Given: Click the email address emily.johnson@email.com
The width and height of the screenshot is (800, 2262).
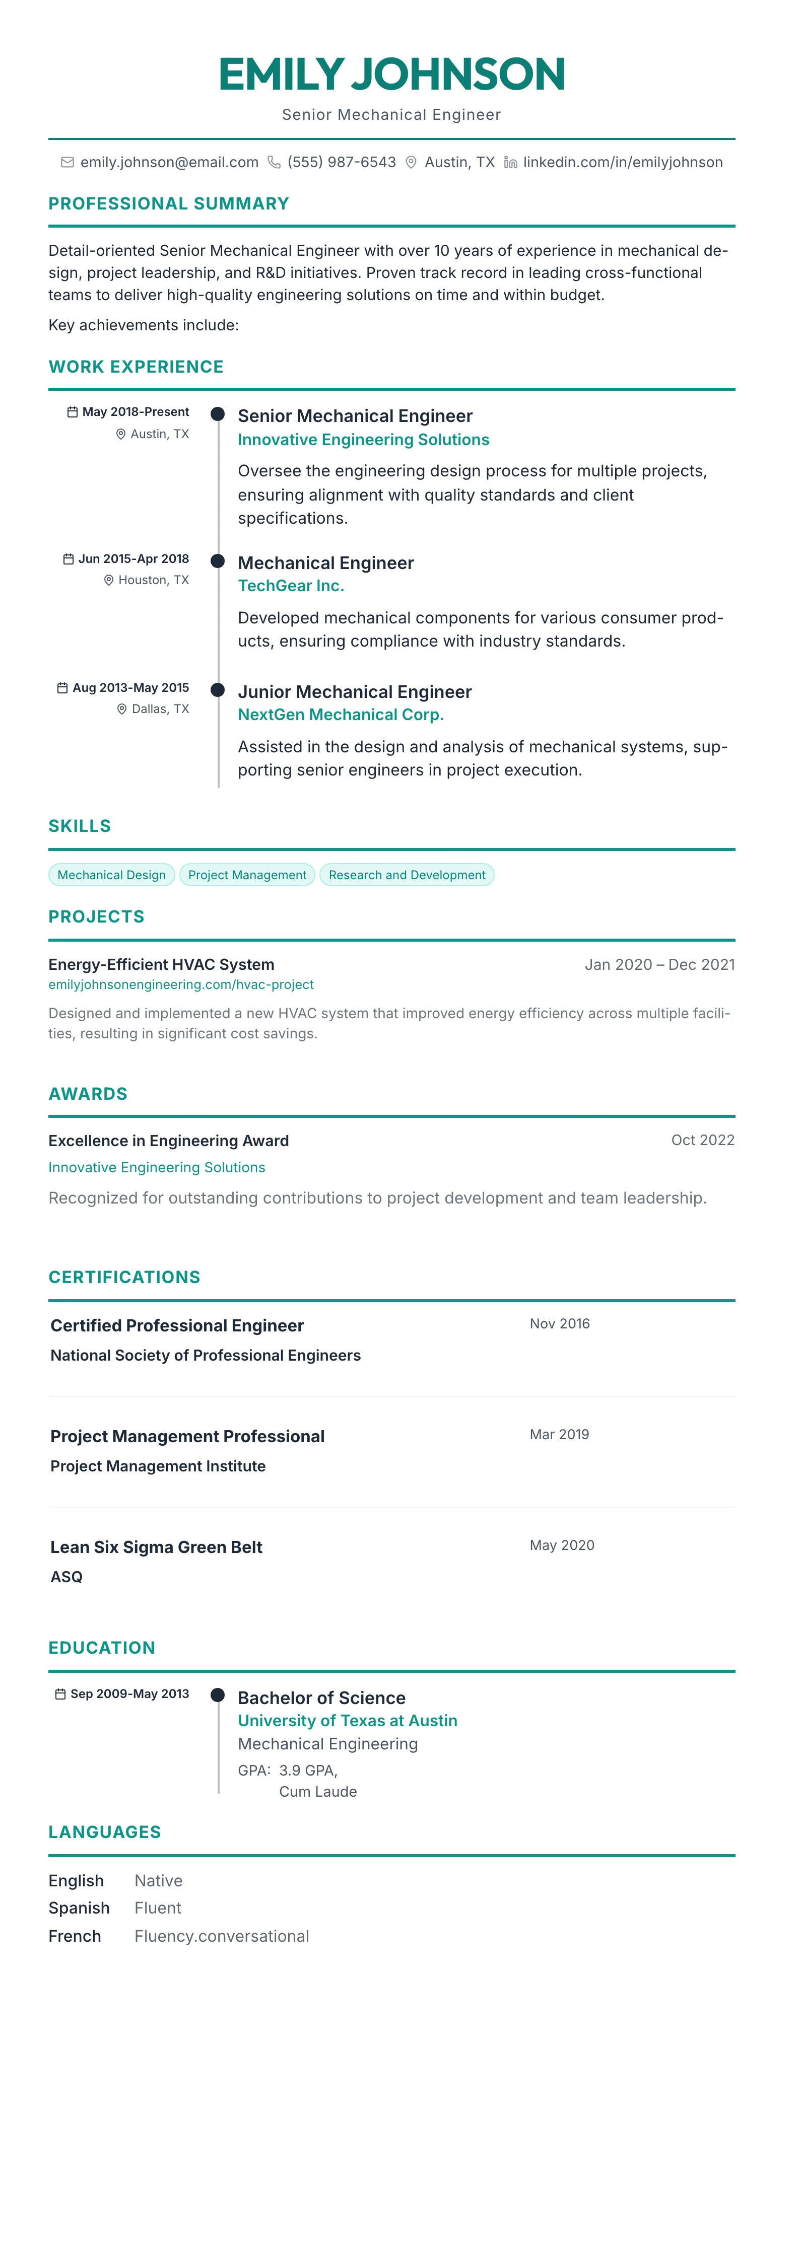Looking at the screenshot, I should pyautogui.click(x=169, y=163).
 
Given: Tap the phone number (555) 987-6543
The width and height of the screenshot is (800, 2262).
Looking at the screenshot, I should pyautogui.click(x=342, y=163).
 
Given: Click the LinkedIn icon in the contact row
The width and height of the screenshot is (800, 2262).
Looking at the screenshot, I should pyautogui.click(x=510, y=163).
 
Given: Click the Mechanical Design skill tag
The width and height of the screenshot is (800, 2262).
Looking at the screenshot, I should pyautogui.click(x=111, y=875).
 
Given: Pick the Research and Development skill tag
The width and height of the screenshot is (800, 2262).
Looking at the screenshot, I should pyautogui.click(x=407, y=875).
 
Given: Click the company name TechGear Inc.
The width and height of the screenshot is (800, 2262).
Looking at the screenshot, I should pyautogui.click(x=291, y=586).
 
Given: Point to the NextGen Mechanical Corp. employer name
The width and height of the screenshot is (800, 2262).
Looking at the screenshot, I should pyautogui.click(x=341, y=715).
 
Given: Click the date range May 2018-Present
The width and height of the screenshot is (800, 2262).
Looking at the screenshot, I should pyautogui.click(x=135, y=412).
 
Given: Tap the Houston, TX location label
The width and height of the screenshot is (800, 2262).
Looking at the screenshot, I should pyautogui.click(x=154, y=581).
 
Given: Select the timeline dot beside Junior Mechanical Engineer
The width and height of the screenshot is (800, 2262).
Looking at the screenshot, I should pyautogui.click(x=218, y=690).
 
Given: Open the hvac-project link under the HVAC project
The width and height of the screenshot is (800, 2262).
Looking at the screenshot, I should pyautogui.click(x=181, y=984).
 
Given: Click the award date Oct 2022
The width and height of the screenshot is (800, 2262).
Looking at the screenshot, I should pyautogui.click(x=703, y=1140).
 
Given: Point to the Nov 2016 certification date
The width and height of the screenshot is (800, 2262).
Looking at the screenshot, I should pyautogui.click(x=559, y=1323).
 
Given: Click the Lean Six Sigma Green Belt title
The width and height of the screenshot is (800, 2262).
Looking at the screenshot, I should pyautogui.click(x=156, y=1547).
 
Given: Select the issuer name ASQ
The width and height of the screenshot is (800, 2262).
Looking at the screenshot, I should pyautogui.click(x=66, y=1577).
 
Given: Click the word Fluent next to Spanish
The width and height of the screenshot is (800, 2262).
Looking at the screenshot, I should pyautogui.click(x=158, y=1908).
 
